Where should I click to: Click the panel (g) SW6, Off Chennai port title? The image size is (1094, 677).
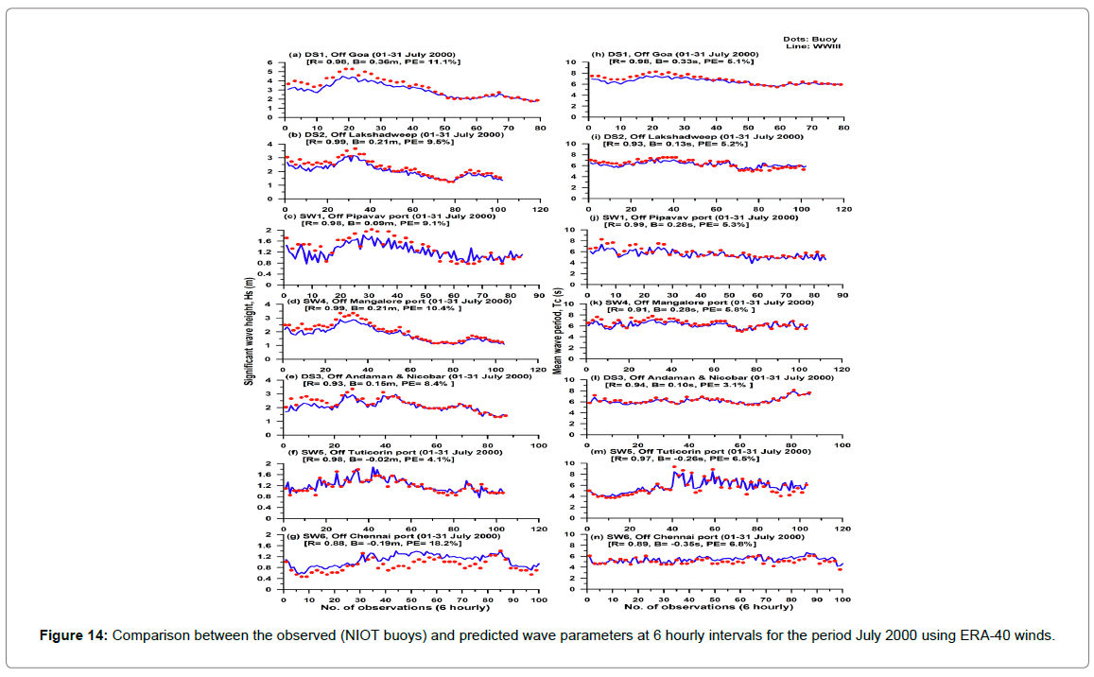[390, 536]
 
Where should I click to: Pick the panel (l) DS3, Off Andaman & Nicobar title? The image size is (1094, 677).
[711, 377]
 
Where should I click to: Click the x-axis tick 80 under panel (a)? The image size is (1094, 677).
[539, 128]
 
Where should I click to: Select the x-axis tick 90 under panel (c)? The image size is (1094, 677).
[539, 292]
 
